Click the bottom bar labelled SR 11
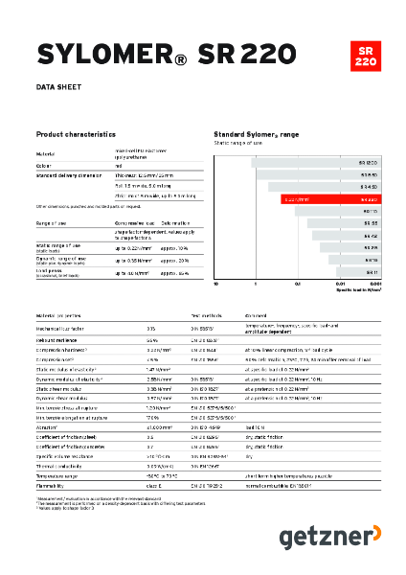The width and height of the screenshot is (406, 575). (x=358, y=271)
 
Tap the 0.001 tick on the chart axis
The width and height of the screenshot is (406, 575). (x=376, y=285)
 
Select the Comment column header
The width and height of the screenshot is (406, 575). (x=257, y=315)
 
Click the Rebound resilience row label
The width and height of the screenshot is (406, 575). (x=61, y=339)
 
